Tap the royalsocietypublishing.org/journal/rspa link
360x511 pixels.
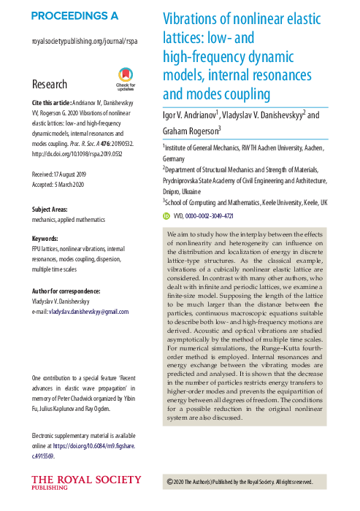pos(85,42)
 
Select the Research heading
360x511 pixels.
pos(50,84)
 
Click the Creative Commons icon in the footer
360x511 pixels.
pos(169,482)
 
